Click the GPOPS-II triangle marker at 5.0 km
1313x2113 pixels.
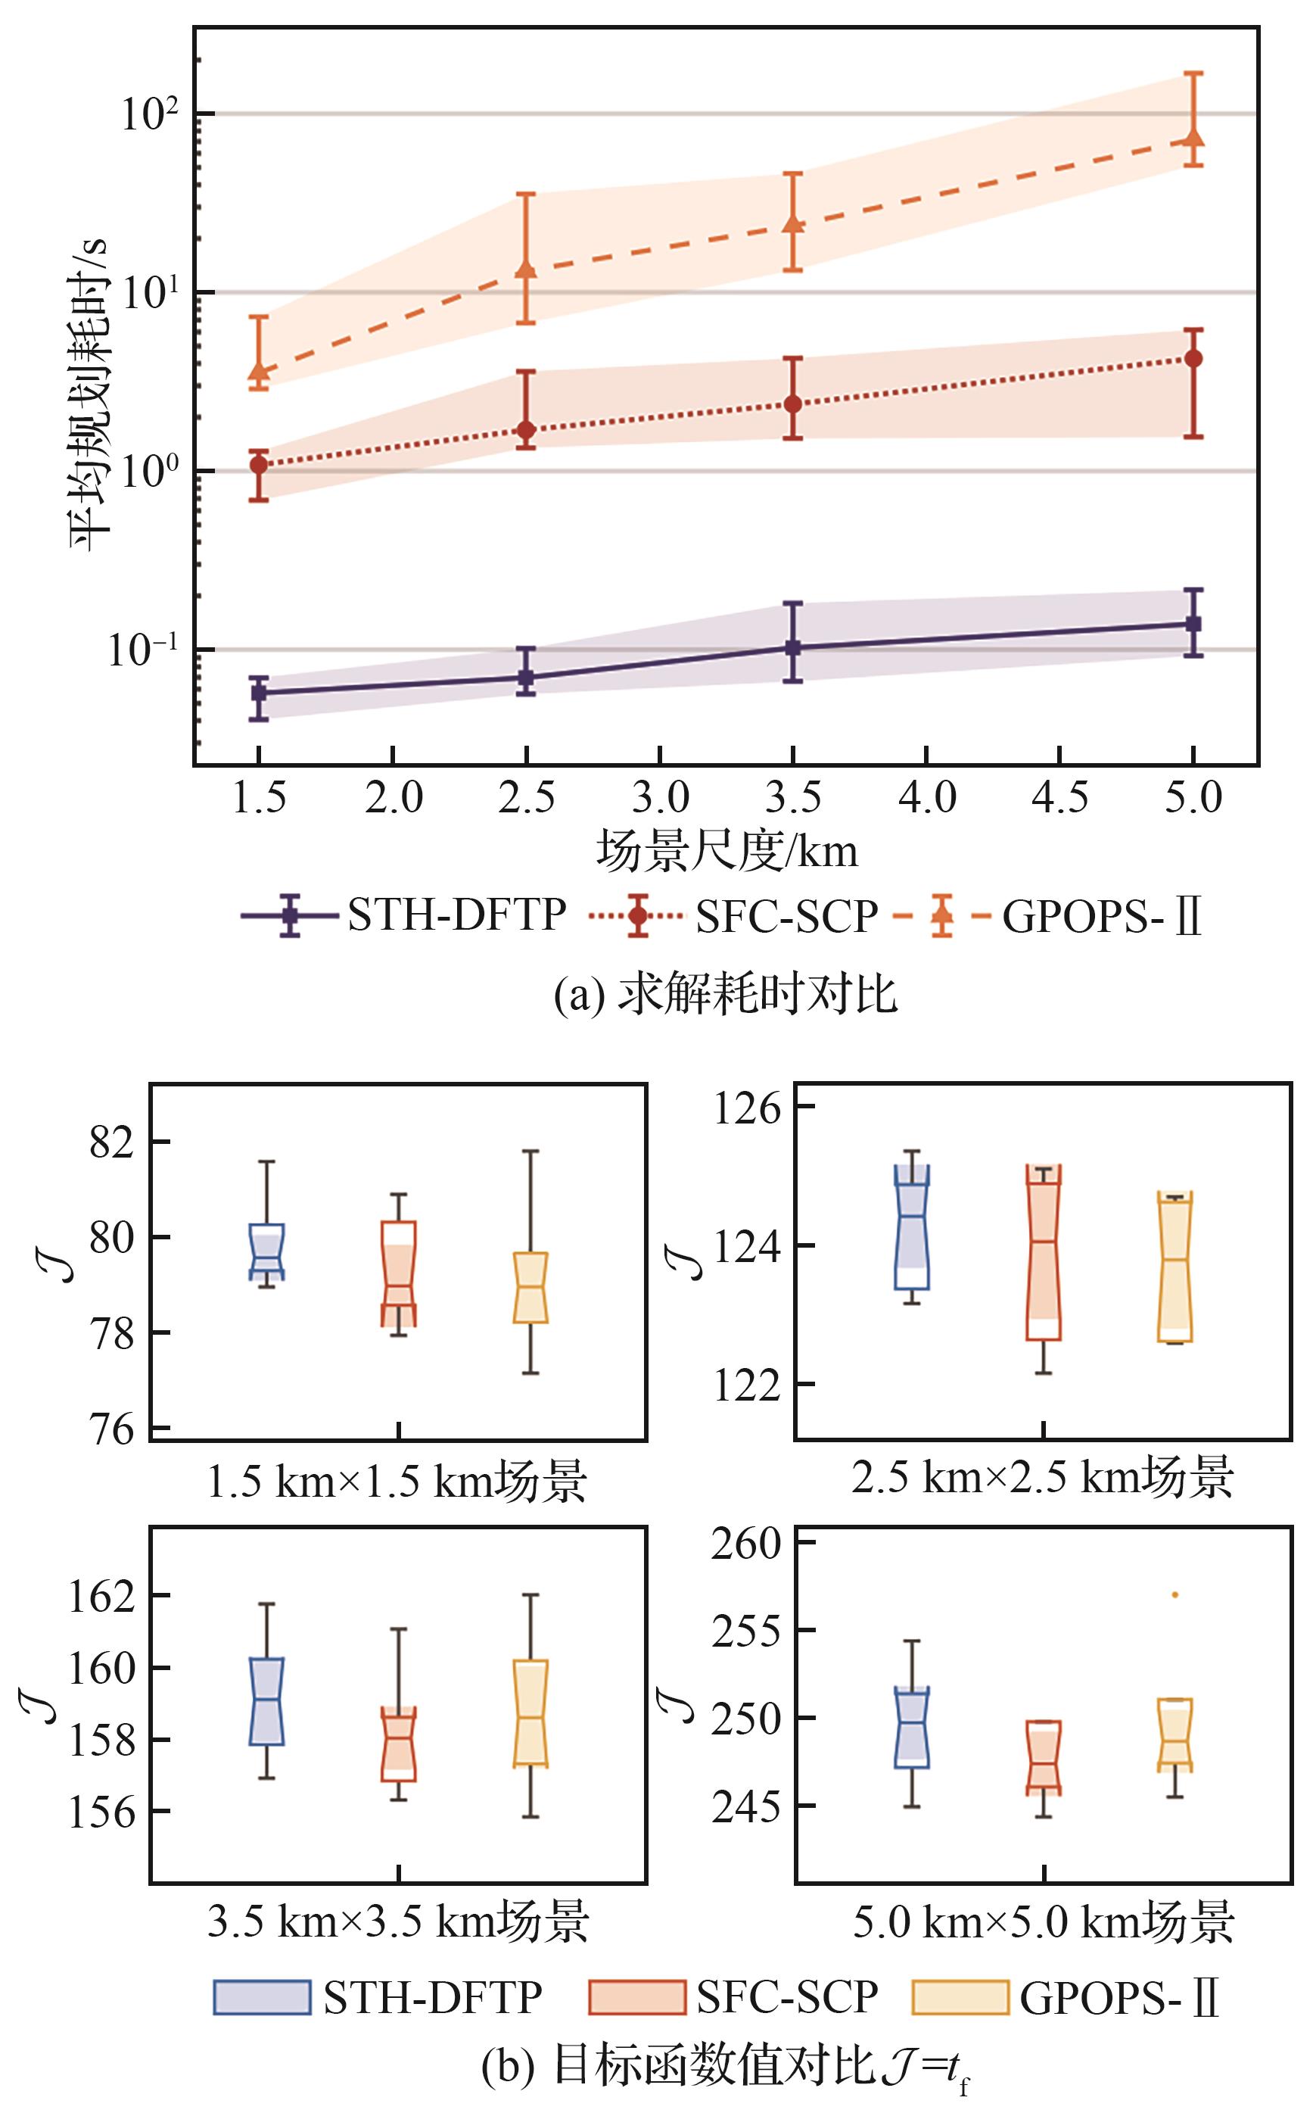(1193, 138)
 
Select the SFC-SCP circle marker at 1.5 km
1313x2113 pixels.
(259, 465)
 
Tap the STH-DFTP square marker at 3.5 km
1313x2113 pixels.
(792, 648)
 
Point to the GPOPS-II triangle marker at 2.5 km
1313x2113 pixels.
(526, 270)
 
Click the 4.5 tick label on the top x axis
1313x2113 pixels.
(1060, 797)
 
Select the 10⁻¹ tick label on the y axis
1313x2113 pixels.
(142, 650)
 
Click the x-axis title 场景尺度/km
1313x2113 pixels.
(726, 851)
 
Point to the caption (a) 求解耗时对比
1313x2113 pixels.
(726, 993)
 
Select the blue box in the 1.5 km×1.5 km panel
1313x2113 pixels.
(266, 1251)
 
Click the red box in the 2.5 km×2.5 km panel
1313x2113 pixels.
(1043, 1252)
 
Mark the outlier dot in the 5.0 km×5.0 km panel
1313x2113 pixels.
(1175, 1594)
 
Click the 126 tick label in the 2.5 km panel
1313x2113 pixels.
(747, 1108)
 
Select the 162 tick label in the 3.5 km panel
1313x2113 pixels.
(102, 1596)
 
